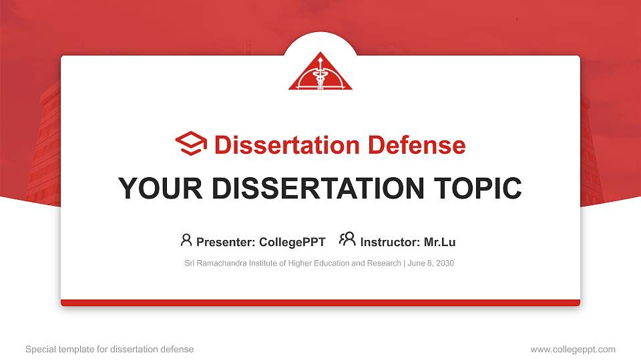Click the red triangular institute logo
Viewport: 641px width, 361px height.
coord(320,74)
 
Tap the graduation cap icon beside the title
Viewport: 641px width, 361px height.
coord(191,144)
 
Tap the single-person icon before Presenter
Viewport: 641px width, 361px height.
coord(186,240)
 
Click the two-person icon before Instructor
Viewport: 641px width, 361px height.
coord(347,240)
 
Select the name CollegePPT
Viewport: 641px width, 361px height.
coord(292,242)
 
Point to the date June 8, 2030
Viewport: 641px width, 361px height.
coord(431,263)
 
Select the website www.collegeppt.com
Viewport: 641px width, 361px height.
coord(573,349)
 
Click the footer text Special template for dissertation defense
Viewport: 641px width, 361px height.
coord(110,349)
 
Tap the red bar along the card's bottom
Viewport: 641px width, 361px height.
coord(320,303)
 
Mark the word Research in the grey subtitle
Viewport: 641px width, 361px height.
coord(383,263)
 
